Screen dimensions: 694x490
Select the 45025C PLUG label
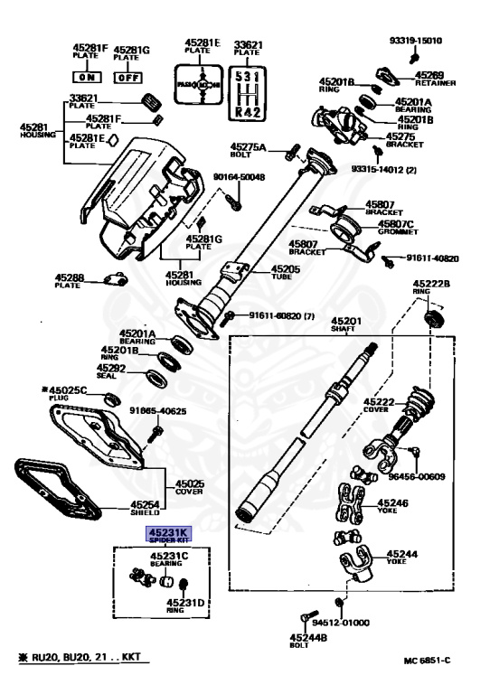point(69,394)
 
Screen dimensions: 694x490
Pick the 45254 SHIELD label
point(145,510)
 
